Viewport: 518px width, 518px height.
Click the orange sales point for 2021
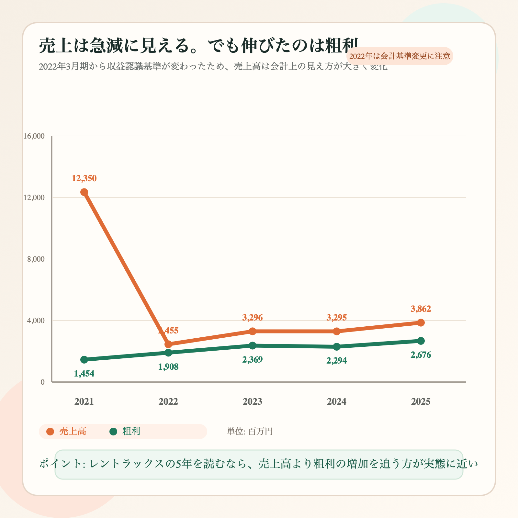(84, 192)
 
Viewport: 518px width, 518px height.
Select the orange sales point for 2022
(168, 344)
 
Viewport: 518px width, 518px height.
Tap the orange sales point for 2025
(421, 322)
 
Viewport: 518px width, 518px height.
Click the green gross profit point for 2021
(84, 359)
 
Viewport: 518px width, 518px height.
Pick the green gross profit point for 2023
(253, 345)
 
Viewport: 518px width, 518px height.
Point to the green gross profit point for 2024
(337, 347)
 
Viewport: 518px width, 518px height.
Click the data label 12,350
(84, 178)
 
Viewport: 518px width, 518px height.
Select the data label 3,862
(421, 309)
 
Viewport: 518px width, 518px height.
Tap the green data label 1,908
(168, 367)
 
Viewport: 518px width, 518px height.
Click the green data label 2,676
(421, 355)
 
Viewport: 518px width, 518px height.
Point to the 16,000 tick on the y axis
(34, 136)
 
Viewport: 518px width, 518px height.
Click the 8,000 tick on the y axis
(36, 259)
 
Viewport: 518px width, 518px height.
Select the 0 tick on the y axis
(42, 382)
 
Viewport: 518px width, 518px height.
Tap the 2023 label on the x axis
(253, 402)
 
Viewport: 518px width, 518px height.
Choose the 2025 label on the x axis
(421, 402)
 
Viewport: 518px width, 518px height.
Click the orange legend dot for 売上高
(50, 432)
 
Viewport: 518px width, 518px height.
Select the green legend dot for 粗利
(113, 432)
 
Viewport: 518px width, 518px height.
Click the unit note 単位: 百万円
(250, 432)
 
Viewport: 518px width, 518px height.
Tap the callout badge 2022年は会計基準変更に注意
(400, 56)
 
